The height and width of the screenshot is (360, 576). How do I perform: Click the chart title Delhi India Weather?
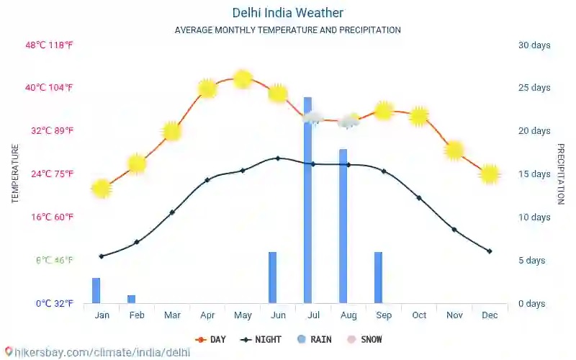(x=287, y=13)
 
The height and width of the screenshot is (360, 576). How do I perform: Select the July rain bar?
(x=307, y=200)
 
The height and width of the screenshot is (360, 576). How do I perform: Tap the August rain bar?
(x=343, y=226)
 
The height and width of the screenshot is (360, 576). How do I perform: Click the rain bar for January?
(x=96, y=290)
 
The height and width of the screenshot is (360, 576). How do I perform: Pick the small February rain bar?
(x=131, y=299)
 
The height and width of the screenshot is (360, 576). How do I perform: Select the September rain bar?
(x=378, y=277)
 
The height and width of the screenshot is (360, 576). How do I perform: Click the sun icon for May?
(x=243, y=79)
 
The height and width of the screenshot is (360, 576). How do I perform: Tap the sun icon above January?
(x=102, y=189)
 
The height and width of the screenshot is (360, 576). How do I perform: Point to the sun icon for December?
(x=490, y=174)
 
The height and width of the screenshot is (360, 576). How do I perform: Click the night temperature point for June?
(x=278, y=158)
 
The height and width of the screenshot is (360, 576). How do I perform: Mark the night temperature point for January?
(x=102, y=256)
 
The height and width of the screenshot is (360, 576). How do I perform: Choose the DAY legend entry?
(x=211, y=339)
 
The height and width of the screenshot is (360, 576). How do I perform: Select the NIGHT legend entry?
(x=263, y=339)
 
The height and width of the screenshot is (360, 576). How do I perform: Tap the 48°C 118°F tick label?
(x=49, y=45)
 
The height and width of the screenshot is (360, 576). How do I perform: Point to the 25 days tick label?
(x=534, y=88)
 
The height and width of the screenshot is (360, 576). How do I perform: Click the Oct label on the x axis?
(x=419, y=315)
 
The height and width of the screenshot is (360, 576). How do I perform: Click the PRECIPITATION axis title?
(x=561, y=174)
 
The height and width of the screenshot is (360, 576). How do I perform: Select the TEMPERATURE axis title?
(x=14, y=174)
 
